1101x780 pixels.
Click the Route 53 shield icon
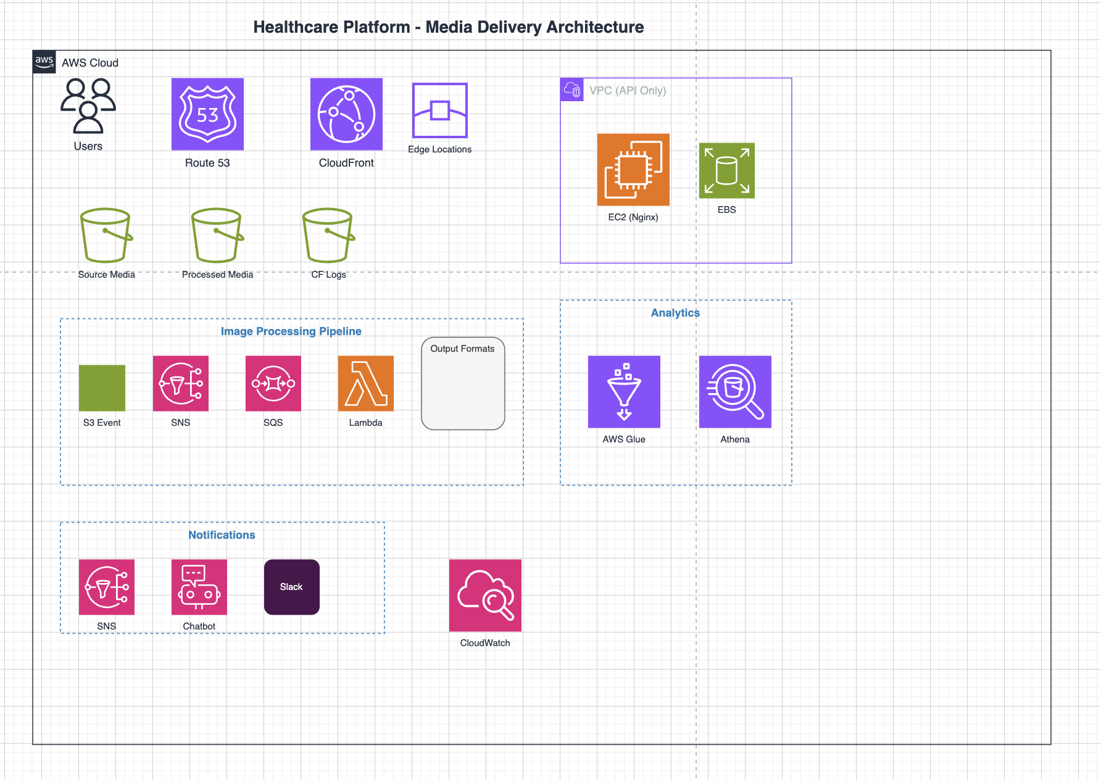[207, 114]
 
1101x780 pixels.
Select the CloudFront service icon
[346, 114]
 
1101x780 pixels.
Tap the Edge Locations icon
[439, 110]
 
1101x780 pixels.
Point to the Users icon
[88, 106]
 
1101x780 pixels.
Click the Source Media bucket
[106, 236]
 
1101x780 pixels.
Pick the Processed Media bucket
[217, 236]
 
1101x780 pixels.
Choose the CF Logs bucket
[328, 236]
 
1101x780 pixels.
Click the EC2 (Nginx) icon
[633, 170]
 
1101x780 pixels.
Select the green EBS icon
[726, 171]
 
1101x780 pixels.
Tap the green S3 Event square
[102, 388]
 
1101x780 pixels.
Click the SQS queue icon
[273, 383]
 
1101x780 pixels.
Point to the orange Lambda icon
[365, 383]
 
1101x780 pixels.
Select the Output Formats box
[463, 383]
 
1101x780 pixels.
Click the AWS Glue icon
[624, 392]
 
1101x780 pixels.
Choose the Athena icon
[735, 392]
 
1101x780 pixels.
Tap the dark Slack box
[291, 587]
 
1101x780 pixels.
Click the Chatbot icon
[199, 587]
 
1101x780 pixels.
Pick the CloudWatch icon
[485, 595]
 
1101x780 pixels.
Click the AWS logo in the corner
[44, 62]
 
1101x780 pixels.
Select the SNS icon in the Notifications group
[106, 587]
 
